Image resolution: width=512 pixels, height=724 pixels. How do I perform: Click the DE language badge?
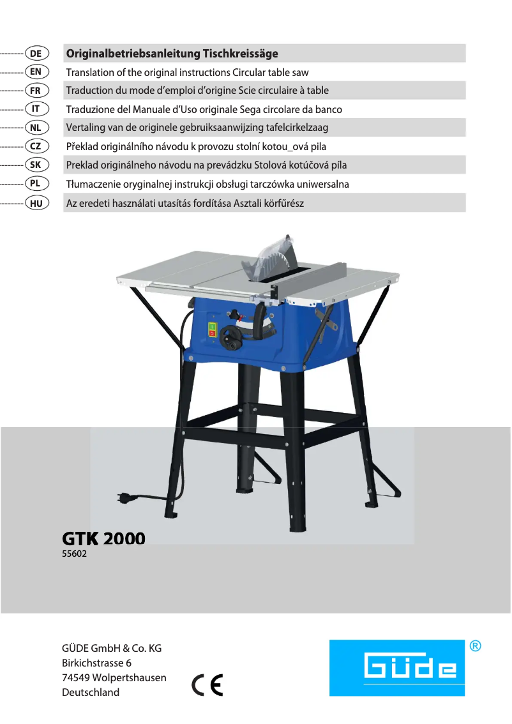pyautogui.click(x=36, y=54)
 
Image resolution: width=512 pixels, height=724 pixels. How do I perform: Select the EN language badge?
pyautogui.click(x=36, y=72)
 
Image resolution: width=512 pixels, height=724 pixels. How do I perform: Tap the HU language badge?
pyautogui.click(x=36, y=203)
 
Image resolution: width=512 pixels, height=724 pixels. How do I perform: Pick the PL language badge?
pyautogui.click(x=36, y=184)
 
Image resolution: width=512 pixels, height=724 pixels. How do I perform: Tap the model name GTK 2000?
pyautogui.click(x=103, y=539)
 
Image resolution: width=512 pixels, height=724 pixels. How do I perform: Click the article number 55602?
pyautogui.click(x=74, y=554)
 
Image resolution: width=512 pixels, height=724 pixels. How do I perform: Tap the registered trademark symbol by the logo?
pyautogui.click(x=475, y=646)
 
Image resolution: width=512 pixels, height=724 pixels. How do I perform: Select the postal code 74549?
pyautogui.click(x=75, y=677)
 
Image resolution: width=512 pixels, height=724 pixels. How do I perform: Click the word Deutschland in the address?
pyautogui.click(x=91, y=692)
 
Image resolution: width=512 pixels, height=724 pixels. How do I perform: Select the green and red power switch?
pyautogui.click(x=213, y=330)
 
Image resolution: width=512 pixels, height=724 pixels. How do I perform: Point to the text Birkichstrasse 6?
pyautogui.click(x=96, y=663)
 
